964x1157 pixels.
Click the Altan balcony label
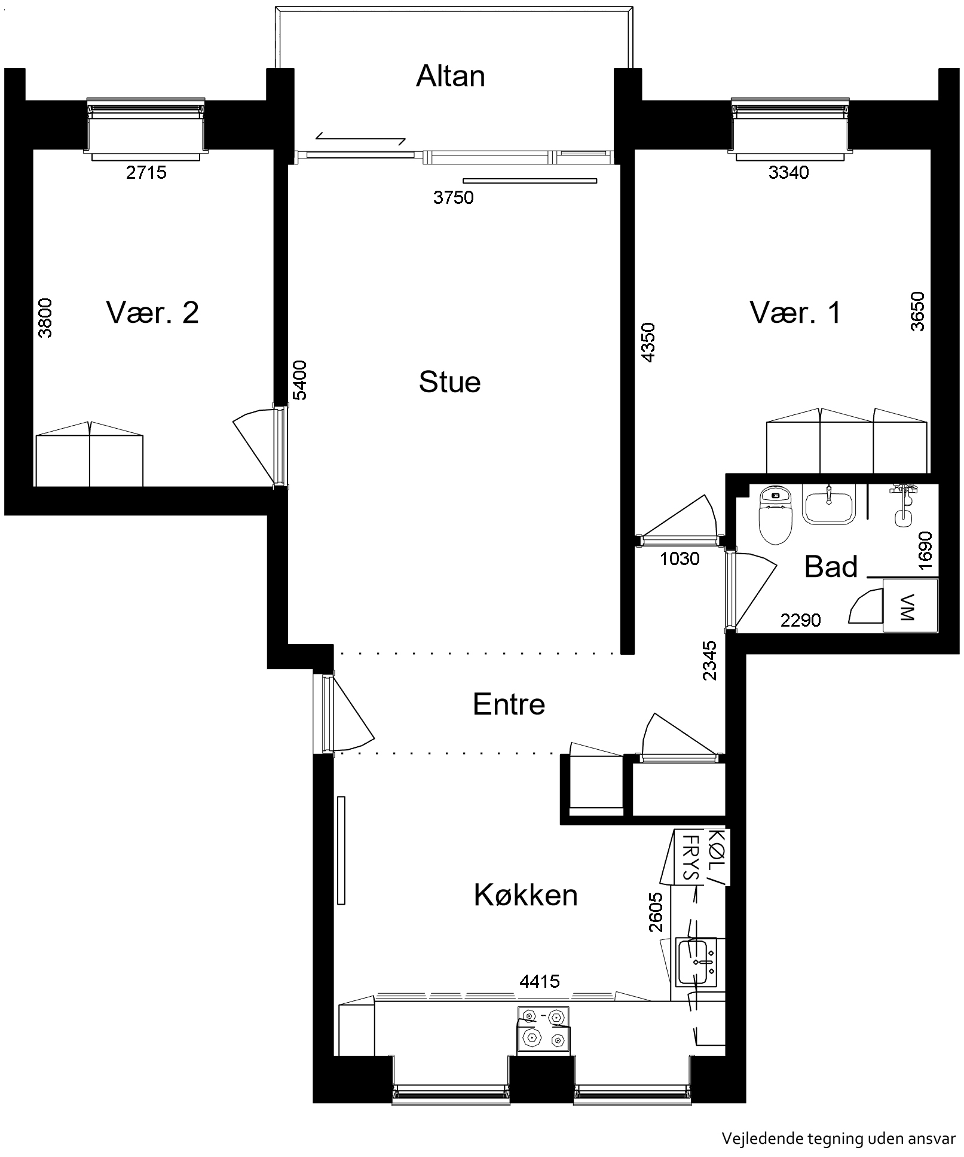click(x=450, y=76)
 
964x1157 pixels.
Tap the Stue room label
click(x=449, y=382)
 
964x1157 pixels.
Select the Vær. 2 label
click(x=152, y=312)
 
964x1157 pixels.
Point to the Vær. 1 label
click(x=795, y=312)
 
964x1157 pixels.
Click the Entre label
click(x=509, y=704)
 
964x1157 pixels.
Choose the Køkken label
click(x=525, y=895)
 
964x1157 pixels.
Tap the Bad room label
click(x=831, y=566)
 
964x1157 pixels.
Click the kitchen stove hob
click(x=543, y=1029)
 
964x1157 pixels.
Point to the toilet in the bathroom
click(x=775, y=514)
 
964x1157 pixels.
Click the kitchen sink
click(x=696, y=962)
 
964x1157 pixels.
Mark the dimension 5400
click(x=299, y=380)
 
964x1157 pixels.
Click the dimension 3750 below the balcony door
click(x=453, y=197)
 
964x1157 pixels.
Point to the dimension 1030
click(x=680, y=558)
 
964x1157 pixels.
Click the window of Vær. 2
click(x=146, y=129)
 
